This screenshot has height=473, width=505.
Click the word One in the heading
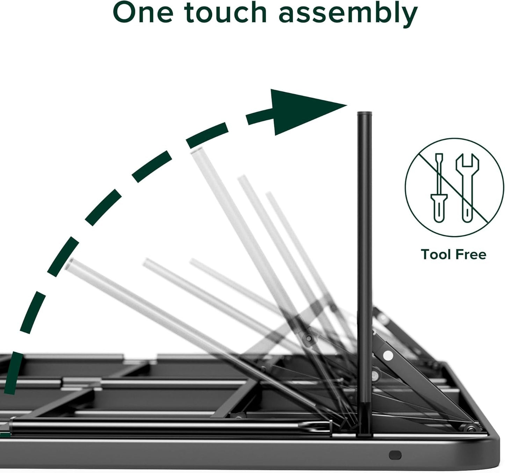143,13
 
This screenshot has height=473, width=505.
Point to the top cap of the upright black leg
364,114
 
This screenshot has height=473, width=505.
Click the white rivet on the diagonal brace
388,355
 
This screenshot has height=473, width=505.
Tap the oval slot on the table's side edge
395,455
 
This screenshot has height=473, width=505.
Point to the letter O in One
126,13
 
